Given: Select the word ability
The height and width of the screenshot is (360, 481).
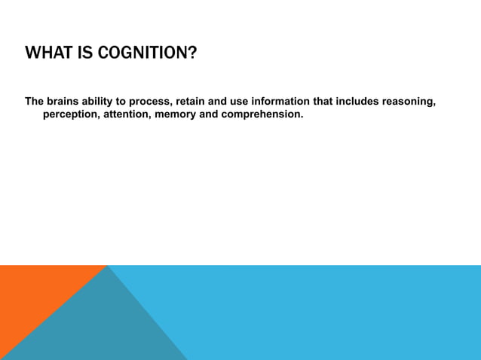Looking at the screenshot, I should click(x=103, y=102).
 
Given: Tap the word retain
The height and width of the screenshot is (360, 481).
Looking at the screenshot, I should click(x=191, y=102).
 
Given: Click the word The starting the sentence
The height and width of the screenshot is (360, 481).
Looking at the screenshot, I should click(x=35, y=102).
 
